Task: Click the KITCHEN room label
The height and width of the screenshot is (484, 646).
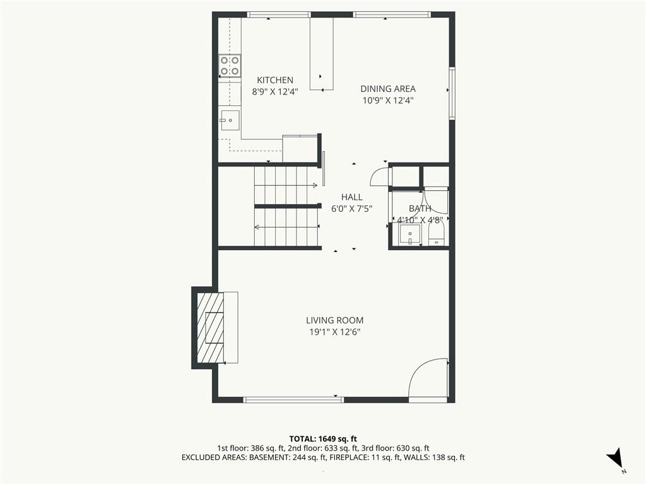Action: click(275, 80)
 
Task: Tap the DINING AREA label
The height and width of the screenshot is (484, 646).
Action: click(388, 88)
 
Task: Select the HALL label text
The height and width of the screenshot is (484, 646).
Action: click(352, 197)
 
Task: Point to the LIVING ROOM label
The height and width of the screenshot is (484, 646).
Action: click(334, 320)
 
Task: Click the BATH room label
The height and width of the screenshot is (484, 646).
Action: click(420, 209)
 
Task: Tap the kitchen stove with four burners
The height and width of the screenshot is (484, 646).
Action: click(230, 66)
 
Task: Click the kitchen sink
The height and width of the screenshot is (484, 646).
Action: click(230, 120)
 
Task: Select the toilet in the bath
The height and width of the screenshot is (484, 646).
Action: click(437, 233)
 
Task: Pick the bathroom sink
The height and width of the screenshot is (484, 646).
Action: click(409, 235)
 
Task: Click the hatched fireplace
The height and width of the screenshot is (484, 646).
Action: click(211, 327)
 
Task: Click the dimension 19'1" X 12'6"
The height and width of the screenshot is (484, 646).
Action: click(334, 331)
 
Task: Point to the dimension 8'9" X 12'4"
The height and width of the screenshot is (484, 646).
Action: click(275, 91)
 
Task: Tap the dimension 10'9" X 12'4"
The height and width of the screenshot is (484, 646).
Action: click(388, 100)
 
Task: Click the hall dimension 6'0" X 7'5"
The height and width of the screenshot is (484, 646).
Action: click(352, 209)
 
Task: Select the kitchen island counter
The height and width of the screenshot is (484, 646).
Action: click(322, 54)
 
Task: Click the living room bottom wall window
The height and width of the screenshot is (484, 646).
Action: click(293, 400)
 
